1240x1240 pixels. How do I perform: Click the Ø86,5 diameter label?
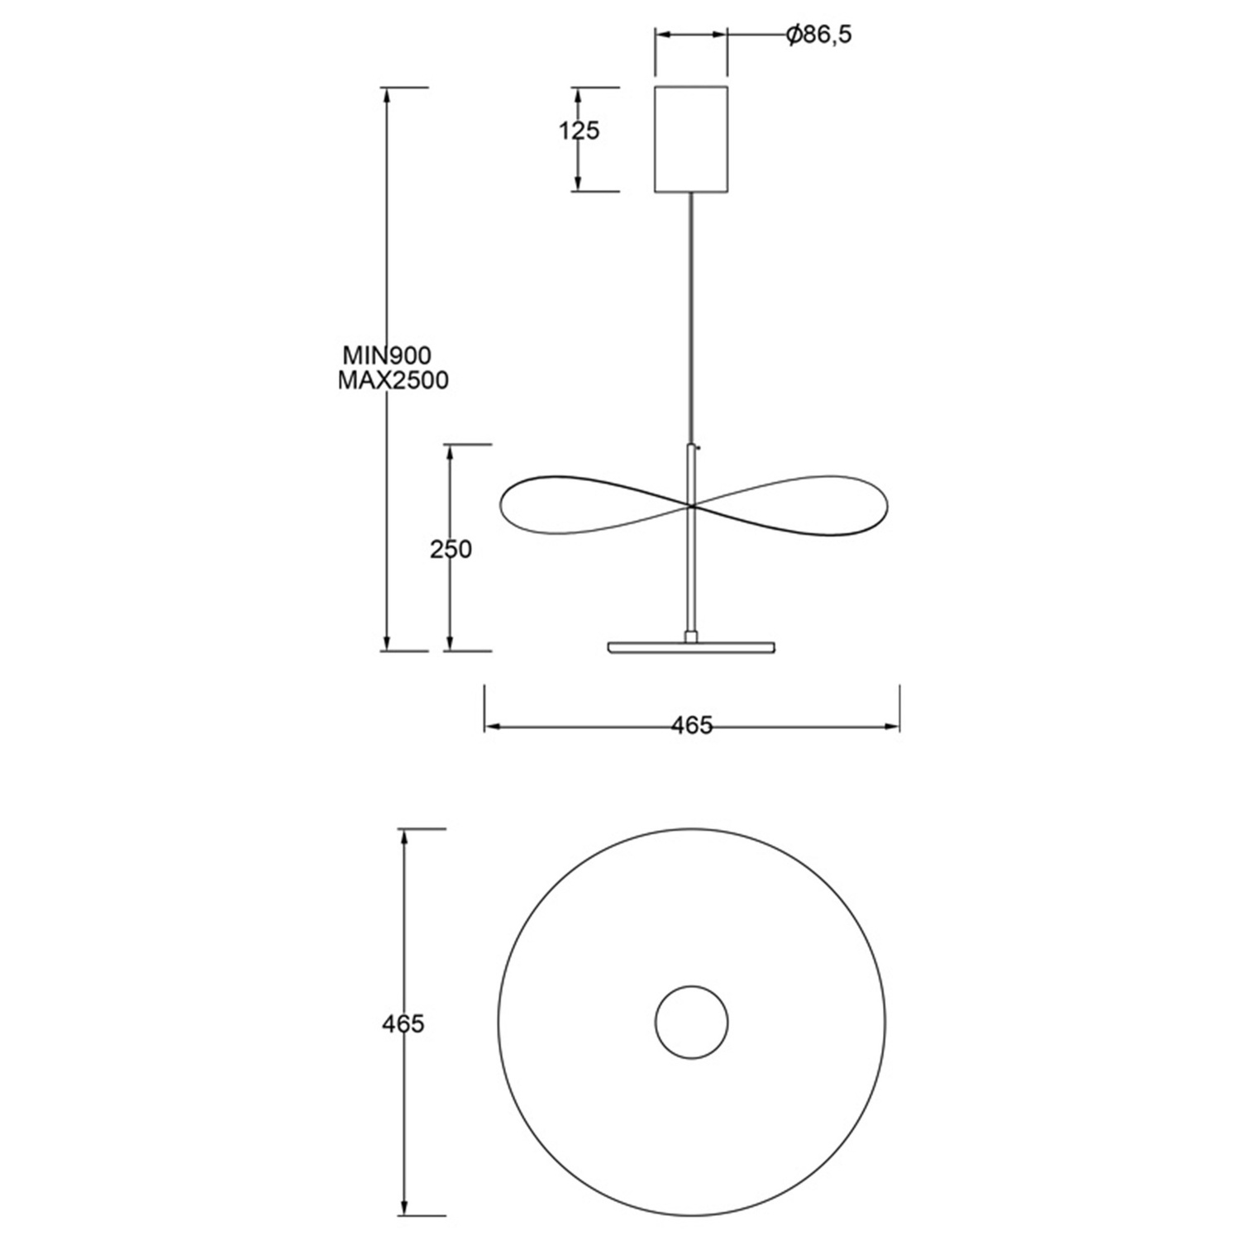[x=818, y=35]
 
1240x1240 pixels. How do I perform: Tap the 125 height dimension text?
[x=579, y=131]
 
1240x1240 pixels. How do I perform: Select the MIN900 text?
[x=388, y=355]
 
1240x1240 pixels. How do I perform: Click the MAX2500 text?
[x=393, y=380]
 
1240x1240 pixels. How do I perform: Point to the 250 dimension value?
[x=451, y=549]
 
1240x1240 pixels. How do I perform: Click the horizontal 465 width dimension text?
[x=691, y=725]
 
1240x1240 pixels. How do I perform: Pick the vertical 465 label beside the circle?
[x=403, y=1023]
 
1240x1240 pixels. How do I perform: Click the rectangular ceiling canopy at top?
[x=691, y=139]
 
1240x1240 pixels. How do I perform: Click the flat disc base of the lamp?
[x=691, y=646]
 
